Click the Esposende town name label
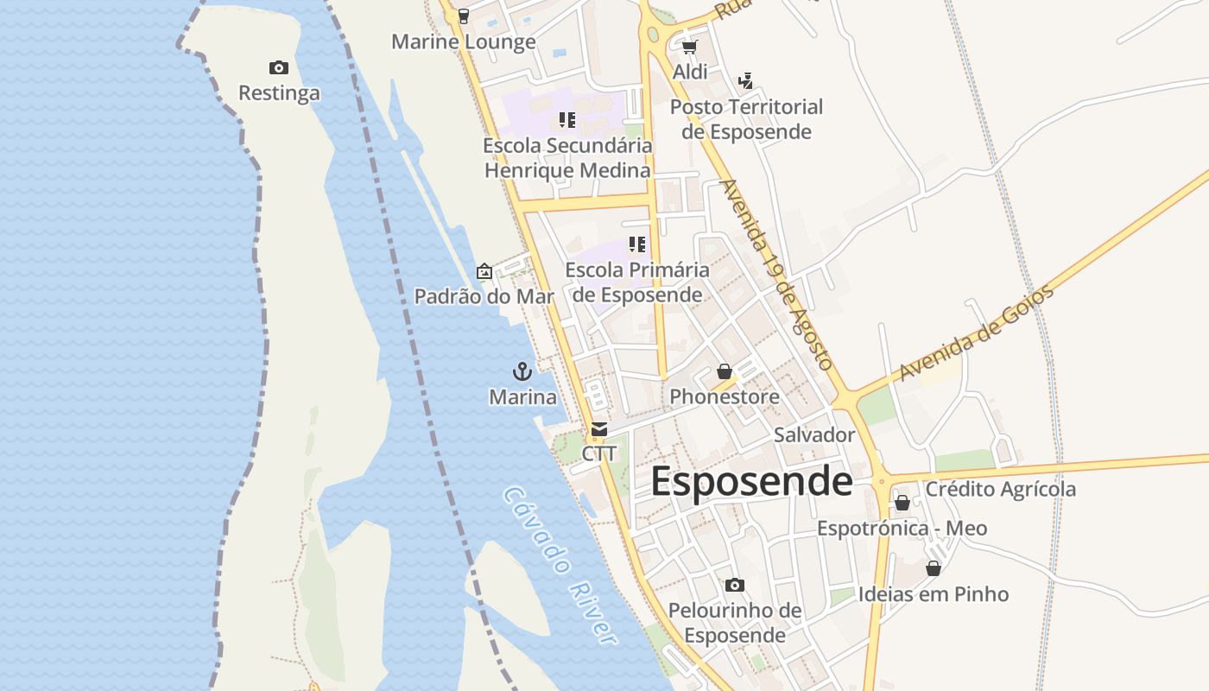point(751,481)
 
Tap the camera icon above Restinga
point(278,67)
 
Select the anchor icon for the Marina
point(522,371)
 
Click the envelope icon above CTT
point(598,429)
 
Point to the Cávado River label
point(560,566)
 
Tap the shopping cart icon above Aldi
point(689,47)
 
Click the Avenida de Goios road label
point(977,333)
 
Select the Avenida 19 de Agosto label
point(776,275)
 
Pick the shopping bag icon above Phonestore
point(724,371)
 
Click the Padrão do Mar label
point(484,296)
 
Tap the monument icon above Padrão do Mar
point(484,271)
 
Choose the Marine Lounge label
point(463,41)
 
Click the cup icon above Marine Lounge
point(464,16)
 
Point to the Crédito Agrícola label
point(1000,489)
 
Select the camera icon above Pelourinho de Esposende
point(735,586)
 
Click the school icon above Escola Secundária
point(567,119)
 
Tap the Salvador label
point(813,434)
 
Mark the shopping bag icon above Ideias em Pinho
point(933,568)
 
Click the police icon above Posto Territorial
point(746,81)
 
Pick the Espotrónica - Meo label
point(902,528)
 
